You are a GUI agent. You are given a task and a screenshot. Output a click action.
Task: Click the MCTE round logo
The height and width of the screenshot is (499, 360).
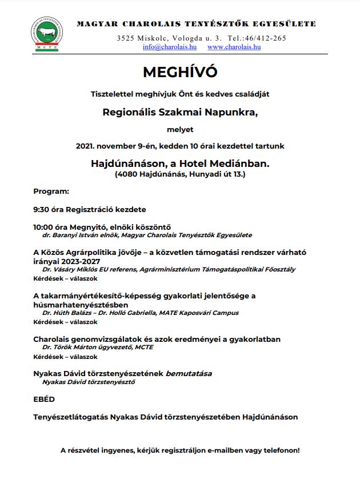47,36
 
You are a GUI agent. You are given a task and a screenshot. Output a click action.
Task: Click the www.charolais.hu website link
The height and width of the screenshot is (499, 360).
234,47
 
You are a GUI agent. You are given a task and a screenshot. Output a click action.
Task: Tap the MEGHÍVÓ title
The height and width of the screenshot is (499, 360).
180,73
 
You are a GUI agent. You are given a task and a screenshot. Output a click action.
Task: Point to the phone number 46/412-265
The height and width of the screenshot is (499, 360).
266,38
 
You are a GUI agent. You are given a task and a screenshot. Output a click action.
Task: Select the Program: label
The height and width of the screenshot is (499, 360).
51,191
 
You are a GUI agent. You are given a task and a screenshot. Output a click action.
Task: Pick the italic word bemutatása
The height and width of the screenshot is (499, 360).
189,373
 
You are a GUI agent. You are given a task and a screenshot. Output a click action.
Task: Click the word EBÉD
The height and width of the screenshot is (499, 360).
44,400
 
